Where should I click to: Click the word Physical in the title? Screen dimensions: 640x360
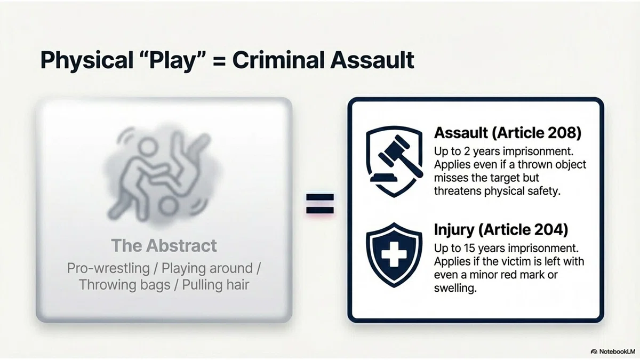point(87,61)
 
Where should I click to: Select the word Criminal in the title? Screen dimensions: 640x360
point(278,60)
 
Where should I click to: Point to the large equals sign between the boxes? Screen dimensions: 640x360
point(319,204)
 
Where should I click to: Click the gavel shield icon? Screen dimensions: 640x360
point(394,162)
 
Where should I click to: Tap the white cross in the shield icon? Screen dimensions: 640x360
point(394,254)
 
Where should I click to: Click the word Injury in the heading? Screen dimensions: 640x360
point(454,230)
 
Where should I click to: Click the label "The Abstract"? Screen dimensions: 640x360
point(164,245)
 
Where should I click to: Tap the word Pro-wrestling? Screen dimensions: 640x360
point(108,268)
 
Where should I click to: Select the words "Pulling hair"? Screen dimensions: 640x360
point(215,285)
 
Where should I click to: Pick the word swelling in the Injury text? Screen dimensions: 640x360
point(455,288)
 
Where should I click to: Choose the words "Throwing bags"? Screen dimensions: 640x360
point(124,285)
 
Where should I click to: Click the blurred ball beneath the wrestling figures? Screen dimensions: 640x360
point(167,206)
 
